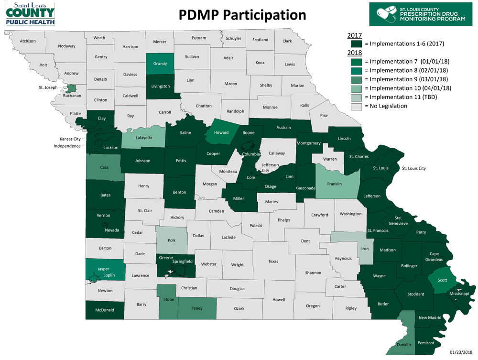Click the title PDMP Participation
(242, 15)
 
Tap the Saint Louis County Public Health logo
(30, 13)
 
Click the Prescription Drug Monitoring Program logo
(424, 13)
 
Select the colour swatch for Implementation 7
(355, 62)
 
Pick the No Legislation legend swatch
(355, 106)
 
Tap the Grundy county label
(160, 64)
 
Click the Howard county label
(221, 132)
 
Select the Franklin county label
(335, 184)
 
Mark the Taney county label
(197, 308)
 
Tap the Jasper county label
(103, 269)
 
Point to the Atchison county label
(28, 41)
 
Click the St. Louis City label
(413, 168)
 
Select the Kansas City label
(70, 139)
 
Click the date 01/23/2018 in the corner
(461, 352)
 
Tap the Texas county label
(273, 262)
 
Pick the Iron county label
(365, 249)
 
